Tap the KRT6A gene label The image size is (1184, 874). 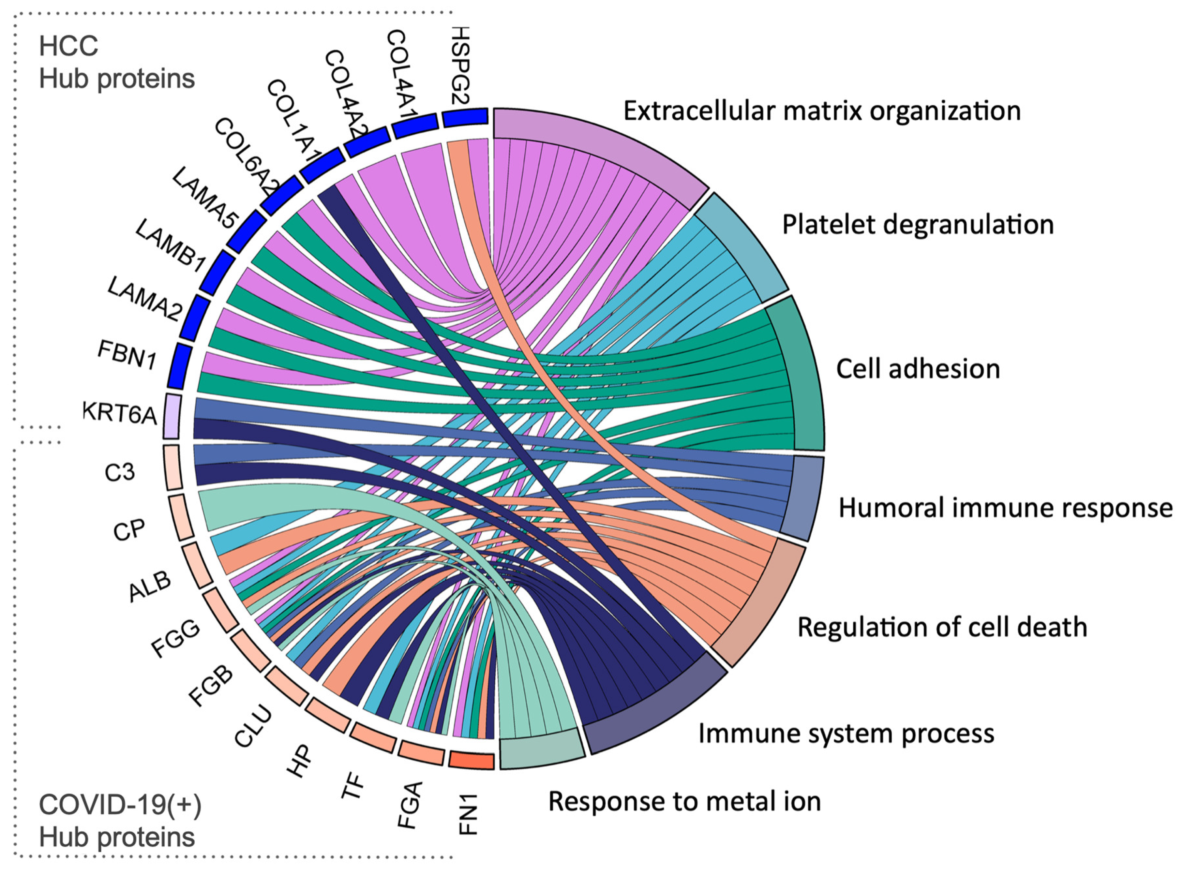coord(120,413)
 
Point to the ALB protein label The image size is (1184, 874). coord(150,586)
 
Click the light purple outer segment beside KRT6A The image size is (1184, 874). coord(172,416)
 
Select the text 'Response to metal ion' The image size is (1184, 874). coord(684,802)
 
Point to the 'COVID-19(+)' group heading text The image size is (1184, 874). coord(120,805)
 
